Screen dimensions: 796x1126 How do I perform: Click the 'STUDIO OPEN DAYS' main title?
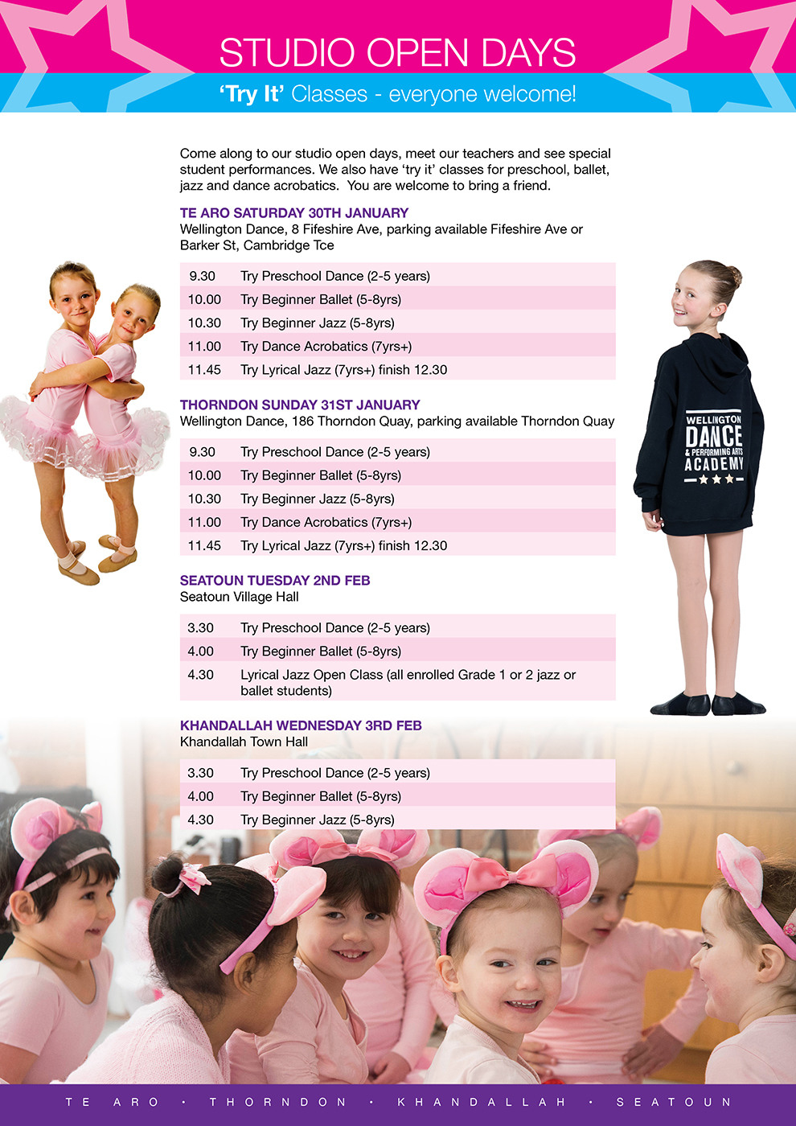(397, 53)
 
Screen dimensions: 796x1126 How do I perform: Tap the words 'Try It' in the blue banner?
(252, 94)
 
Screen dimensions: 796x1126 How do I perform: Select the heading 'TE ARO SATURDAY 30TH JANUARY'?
(293, 213)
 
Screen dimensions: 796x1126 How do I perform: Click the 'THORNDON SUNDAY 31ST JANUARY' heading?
(300, 405)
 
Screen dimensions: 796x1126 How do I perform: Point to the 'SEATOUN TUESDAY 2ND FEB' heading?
(275, 581)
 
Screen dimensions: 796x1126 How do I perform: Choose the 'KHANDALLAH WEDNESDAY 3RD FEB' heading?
(301, 725)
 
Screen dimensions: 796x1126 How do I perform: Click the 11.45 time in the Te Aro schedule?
(204, 370)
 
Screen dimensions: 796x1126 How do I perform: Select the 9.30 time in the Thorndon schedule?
(202, 452)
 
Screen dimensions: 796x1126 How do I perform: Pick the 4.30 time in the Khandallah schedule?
(200, 820)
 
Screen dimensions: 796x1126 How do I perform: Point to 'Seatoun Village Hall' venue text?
(239, 597)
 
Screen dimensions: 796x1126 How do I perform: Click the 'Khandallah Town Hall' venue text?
(244, 742)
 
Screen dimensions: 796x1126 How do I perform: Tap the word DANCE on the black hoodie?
(714, 436)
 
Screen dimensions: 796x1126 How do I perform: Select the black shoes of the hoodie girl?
(708, 704)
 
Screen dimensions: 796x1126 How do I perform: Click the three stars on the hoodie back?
(716, 479)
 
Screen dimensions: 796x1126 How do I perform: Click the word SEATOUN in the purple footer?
(674, 1102)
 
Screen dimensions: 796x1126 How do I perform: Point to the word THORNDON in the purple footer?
(277, 1102)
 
